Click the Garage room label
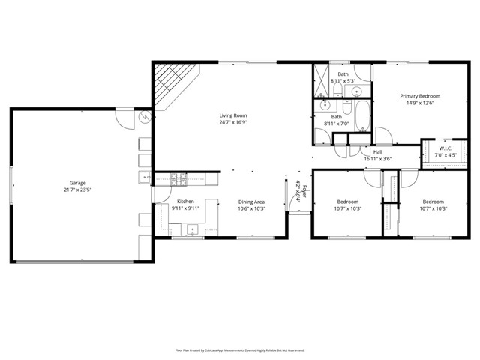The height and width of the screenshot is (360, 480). pyautogui.click(x=78, y=183)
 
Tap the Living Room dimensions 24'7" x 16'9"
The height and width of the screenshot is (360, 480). pyautogui.click(x=232, y=122)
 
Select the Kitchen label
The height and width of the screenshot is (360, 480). pyautogui.click(x=185, y=202)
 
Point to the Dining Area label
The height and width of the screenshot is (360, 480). pyautogui.click(x=251, y=202)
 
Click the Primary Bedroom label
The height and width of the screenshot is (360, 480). pyautogui.click(x=419, y=96)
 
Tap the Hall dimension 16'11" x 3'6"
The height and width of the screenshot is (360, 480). pyautogui.click(x=378, y=158)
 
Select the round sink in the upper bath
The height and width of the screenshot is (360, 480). pyautogui.click(x=355, y=91)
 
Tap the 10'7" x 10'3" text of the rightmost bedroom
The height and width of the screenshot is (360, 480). pyautogui.click(x=433, y=209)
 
